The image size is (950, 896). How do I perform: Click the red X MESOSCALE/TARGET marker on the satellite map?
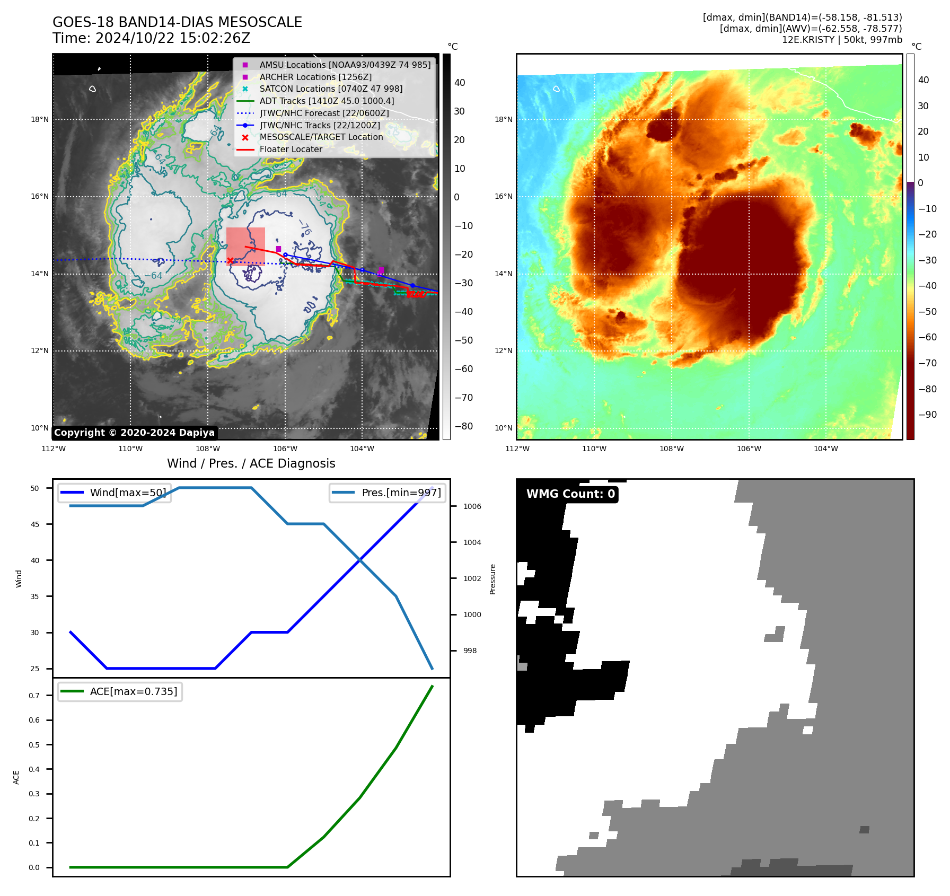tap(230, 260)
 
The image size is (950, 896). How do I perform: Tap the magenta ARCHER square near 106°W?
tap(278, 249)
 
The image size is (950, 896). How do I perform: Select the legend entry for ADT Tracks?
tap(327, 101)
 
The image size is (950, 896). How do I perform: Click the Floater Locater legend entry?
tap(291, 149)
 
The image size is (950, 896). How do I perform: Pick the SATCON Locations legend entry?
tap(331, 89)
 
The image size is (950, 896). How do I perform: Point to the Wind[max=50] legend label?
tap(128, 493)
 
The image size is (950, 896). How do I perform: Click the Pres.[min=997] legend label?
tap(401, 493)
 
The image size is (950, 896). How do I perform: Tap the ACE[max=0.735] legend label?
tap(134, 691)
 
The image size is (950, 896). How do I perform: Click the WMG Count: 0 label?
tap(570, 494)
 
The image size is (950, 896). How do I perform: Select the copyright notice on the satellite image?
tap(134, 433)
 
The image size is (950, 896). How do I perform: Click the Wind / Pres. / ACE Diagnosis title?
tap(251, 463)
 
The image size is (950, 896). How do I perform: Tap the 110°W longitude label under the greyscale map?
tap(130, 449)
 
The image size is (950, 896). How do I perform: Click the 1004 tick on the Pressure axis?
tap(472, 542)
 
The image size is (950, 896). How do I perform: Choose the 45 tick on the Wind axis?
tap(35, 524)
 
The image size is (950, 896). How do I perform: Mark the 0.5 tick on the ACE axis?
tap(34, 745)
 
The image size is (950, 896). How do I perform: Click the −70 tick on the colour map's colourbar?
tap(927, 363)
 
